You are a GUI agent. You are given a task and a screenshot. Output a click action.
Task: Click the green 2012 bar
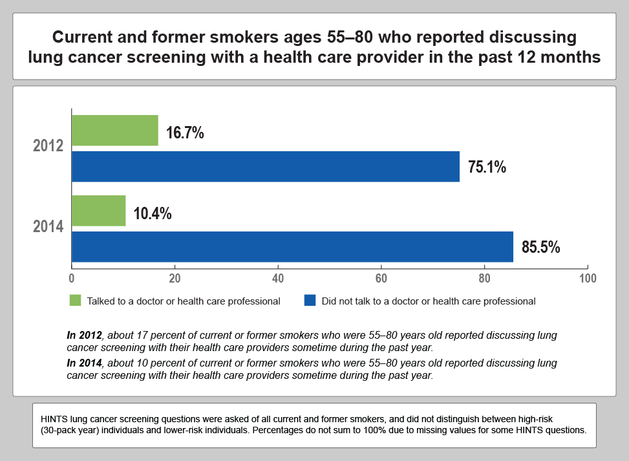point(114,131)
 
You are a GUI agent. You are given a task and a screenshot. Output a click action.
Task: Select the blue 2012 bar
point(265,166)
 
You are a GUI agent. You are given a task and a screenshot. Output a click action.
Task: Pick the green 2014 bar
point(98,211)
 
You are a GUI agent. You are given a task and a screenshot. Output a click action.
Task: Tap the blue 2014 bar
point(292,246)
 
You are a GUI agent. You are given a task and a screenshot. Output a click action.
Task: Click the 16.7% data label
point(185,133)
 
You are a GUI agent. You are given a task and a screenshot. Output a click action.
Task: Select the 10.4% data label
point(153,214)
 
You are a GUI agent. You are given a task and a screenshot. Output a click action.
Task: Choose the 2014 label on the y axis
point(48,227)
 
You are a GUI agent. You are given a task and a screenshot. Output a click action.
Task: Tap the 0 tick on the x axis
point(71,279)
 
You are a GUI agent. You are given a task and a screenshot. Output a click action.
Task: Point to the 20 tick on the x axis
point(175,279)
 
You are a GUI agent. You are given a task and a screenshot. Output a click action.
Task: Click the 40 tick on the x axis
point(278,279)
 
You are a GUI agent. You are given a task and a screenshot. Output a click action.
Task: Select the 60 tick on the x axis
point(381,279)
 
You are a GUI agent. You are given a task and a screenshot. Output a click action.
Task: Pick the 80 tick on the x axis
point(484,279)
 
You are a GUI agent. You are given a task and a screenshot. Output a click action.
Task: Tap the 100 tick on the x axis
point(587,279)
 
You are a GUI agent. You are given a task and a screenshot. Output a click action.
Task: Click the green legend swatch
point(76,301)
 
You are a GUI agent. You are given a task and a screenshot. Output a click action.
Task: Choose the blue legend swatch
point(310,301)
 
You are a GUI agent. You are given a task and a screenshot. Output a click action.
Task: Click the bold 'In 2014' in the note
point(85,363)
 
